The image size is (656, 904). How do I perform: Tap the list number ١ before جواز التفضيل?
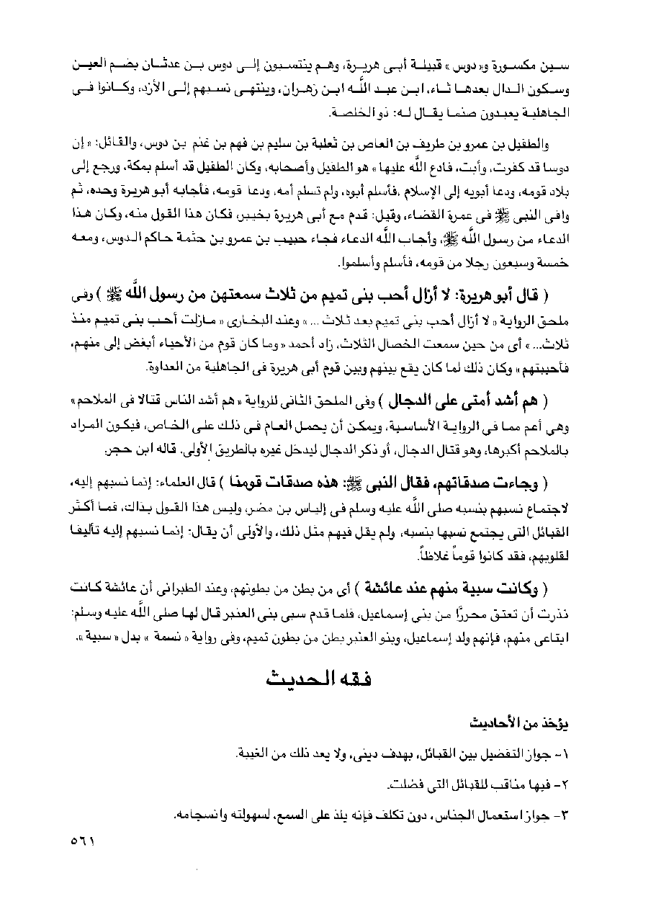point(583,753)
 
